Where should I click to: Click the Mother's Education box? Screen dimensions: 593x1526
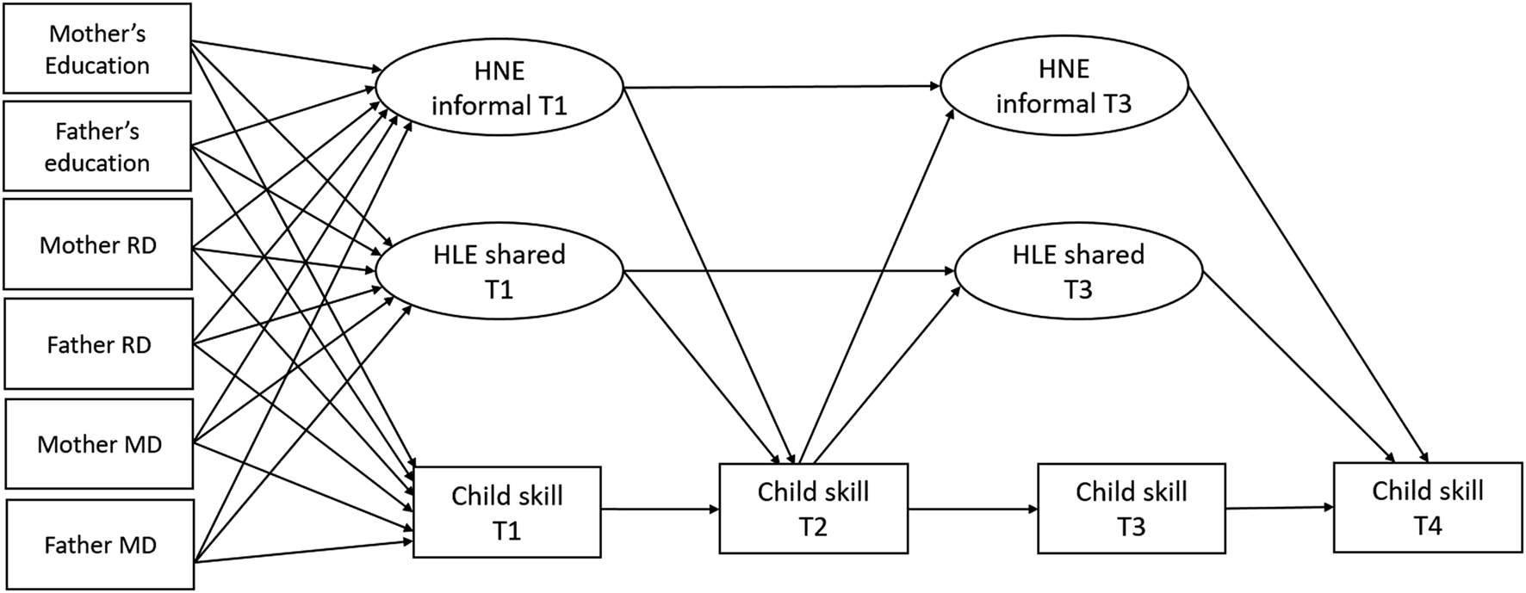[97, 48]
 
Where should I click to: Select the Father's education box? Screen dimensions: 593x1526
[97, 146]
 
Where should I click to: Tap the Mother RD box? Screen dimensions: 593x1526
[97, 245]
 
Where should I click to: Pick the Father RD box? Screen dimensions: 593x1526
[98, 344]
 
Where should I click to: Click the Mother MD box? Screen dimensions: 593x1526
[99, 444]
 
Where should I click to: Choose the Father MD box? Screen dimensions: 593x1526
[100, 545]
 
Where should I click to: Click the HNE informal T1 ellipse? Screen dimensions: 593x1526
[499, 88]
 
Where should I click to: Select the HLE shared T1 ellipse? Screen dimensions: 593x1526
[499, 271]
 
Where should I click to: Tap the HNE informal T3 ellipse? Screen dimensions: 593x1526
[1064, 86]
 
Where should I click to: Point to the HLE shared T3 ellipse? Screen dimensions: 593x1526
[1078, 271]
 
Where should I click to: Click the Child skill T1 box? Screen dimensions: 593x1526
[507, 512]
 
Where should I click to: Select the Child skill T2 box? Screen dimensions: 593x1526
[813, 508]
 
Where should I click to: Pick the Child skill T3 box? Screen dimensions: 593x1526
[1132, 508]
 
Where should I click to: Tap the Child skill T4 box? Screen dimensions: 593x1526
[1428, 507]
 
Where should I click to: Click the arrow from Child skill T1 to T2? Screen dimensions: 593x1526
[660, 510]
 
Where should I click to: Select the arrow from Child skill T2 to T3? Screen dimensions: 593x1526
[972, 509]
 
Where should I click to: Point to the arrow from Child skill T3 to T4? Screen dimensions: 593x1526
[1279, 508]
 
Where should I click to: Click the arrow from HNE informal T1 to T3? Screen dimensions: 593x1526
[782, 87]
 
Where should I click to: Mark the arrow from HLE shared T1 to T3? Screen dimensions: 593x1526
[789, 272]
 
